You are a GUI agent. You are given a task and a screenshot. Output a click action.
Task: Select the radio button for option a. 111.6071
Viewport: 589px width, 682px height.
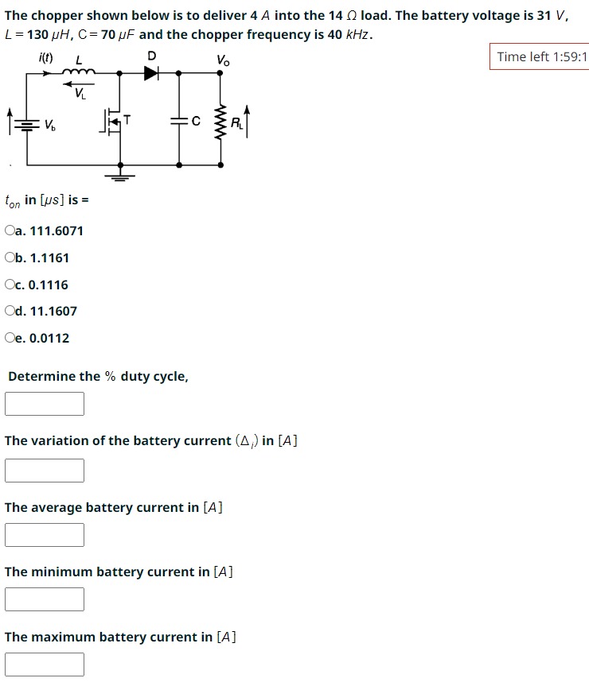tap(10, 231)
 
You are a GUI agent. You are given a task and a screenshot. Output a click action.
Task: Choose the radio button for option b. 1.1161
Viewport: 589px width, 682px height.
tap(10, 258)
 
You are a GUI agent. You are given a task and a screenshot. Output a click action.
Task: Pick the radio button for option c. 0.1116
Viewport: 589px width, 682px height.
tap(10, 285)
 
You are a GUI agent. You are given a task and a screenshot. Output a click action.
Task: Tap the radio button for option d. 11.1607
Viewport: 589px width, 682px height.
tap(10, 312)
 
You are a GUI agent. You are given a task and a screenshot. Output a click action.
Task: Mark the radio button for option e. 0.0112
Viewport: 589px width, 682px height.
tap(10, 339)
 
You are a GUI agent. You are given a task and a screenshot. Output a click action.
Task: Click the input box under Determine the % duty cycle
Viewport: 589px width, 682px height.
tap(45, 403)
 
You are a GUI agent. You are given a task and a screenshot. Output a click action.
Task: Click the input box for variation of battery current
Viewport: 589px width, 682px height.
tap(45, 470)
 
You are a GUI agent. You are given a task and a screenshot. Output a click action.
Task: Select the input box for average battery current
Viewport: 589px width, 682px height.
tap(45, 534)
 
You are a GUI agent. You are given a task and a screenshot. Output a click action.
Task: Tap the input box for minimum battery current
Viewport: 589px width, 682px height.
tap(45, 599)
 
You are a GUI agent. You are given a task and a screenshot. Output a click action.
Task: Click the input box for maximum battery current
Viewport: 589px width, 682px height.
tap(45, 664)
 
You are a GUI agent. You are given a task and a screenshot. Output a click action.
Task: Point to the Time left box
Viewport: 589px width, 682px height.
tap(540, 56)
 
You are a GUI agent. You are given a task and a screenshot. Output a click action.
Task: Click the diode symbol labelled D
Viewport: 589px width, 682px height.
tap(151, 73)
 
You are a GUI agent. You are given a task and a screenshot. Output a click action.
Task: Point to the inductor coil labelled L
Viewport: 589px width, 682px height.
tap(80, 72)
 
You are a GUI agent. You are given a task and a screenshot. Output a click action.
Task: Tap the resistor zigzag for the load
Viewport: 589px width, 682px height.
tap(220, 122)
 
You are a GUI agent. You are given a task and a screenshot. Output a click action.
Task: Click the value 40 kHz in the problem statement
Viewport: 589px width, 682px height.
tap(349, 35)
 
